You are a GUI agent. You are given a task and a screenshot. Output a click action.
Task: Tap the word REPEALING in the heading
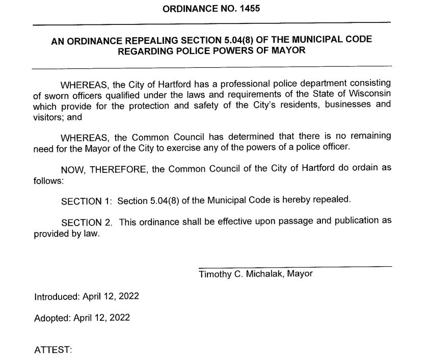(153, 40)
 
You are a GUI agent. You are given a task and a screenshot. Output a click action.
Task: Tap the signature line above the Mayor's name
(295, 266)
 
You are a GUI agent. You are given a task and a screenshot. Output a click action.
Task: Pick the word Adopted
(50, 318)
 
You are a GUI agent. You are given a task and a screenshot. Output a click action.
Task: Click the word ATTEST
(52, 350)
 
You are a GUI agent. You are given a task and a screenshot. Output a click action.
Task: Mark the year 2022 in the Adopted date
(119, 318)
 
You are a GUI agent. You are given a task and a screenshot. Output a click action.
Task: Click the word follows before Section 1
(47, 181)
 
